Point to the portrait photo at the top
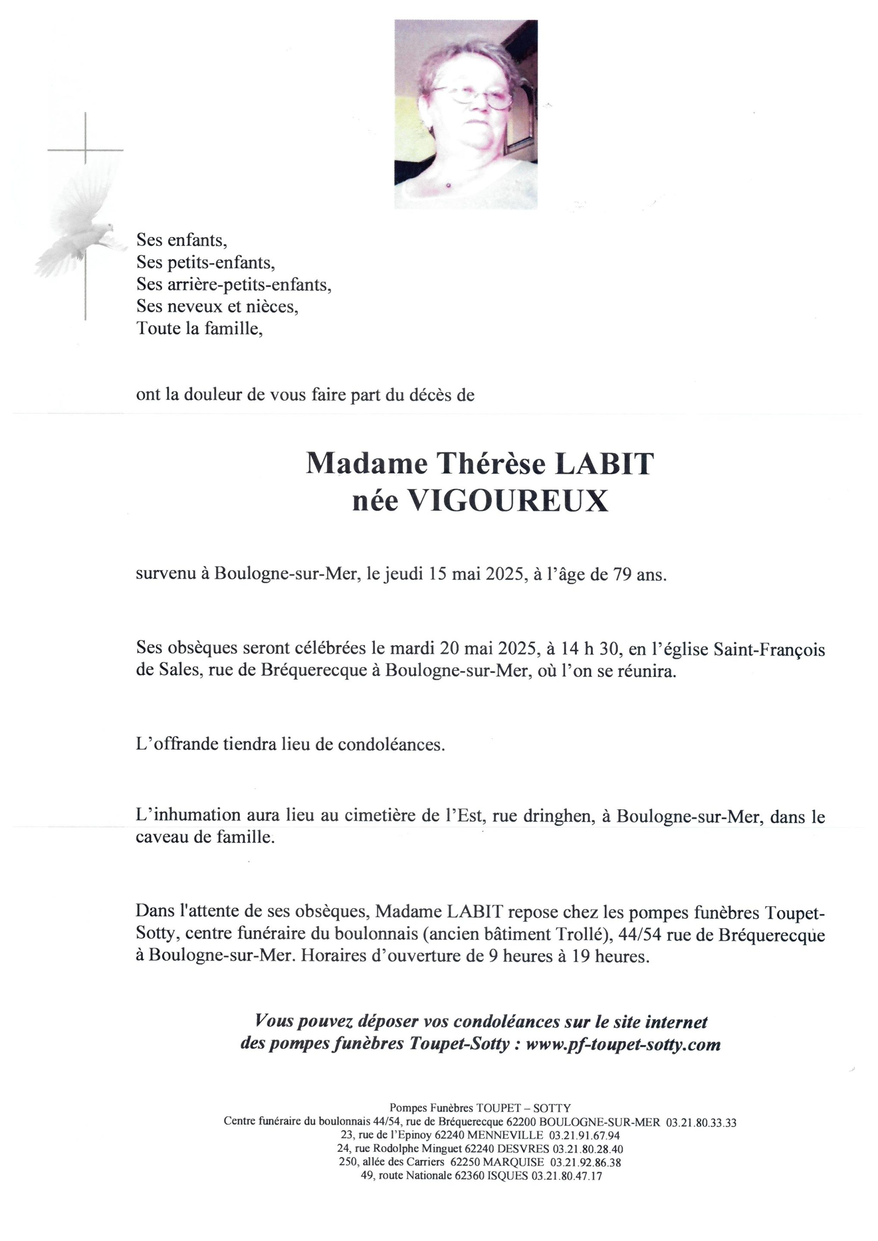(466, 114)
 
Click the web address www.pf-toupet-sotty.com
(623, 1044)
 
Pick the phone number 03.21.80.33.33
(701, 1123)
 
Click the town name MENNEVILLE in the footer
(506, 1135)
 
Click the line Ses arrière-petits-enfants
(234, 284)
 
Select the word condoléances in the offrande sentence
(391, 745)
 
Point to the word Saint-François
(769, 649)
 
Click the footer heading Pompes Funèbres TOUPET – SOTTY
(480, 1109)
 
